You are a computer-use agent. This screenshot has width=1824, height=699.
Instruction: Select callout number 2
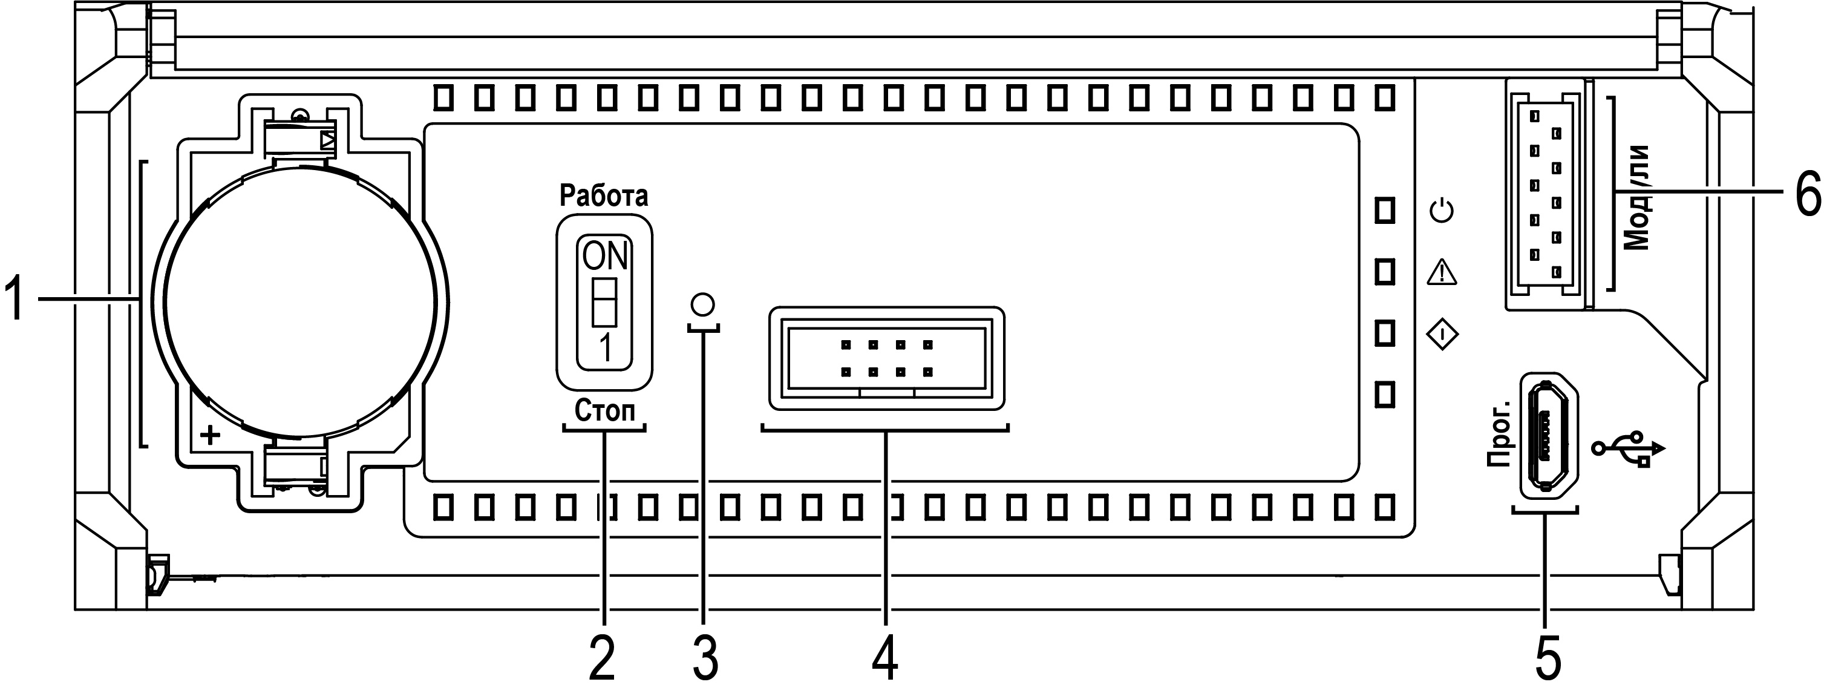(602, 658)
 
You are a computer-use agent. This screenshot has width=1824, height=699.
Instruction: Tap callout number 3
(705, 658)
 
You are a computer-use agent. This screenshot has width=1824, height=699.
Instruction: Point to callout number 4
(885, 658)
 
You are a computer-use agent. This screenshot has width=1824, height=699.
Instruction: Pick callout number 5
(1548, 658)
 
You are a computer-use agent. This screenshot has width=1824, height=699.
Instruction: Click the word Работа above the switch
(603, 195)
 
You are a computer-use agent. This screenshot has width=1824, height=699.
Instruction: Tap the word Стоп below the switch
(604, 411)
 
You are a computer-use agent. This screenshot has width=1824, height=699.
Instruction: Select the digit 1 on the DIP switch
(606, 348)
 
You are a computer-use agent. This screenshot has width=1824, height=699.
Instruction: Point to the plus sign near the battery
(211, 435)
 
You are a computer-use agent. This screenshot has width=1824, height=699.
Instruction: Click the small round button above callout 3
(702, 304)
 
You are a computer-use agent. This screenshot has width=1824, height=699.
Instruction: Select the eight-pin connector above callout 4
(886, 358)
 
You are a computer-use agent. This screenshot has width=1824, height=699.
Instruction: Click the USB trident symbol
(1629, 449)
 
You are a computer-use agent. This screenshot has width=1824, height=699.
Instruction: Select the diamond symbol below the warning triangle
(1442, 335)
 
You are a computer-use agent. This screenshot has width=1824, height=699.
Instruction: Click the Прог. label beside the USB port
(1499, 434)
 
